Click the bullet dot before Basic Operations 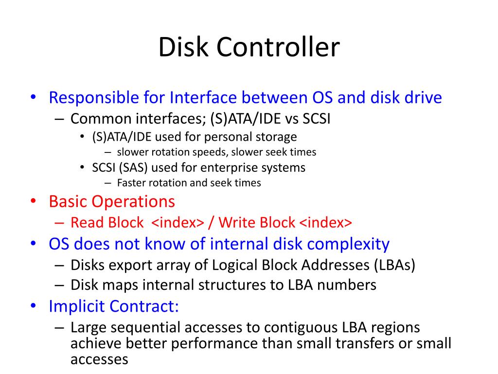(x=33, y=202)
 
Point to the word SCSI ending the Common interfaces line (x=317, y=119)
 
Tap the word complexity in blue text (x=347, y=244)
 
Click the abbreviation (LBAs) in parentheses (x=394, y=265)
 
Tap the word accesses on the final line (x=99, y=359)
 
